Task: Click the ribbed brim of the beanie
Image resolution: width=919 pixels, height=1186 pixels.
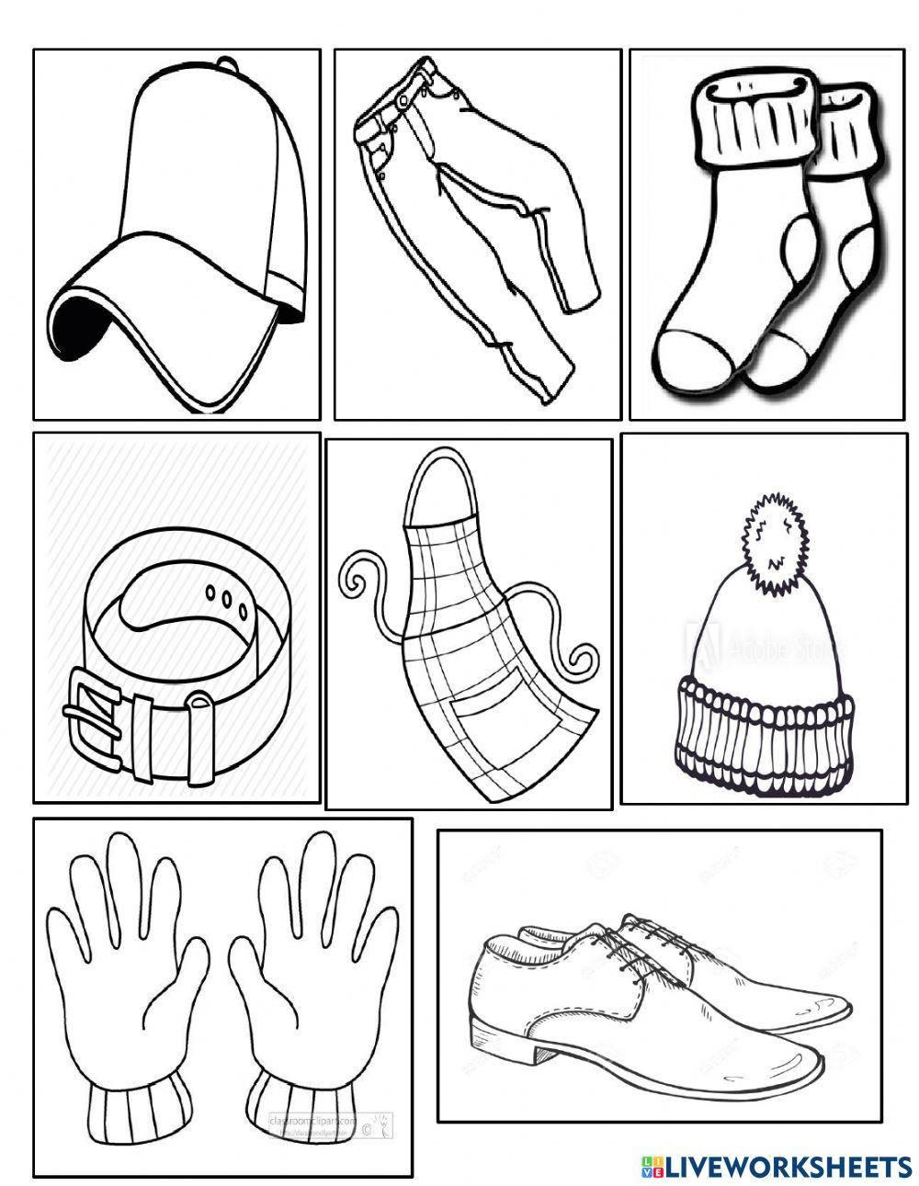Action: tap(765, 735)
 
